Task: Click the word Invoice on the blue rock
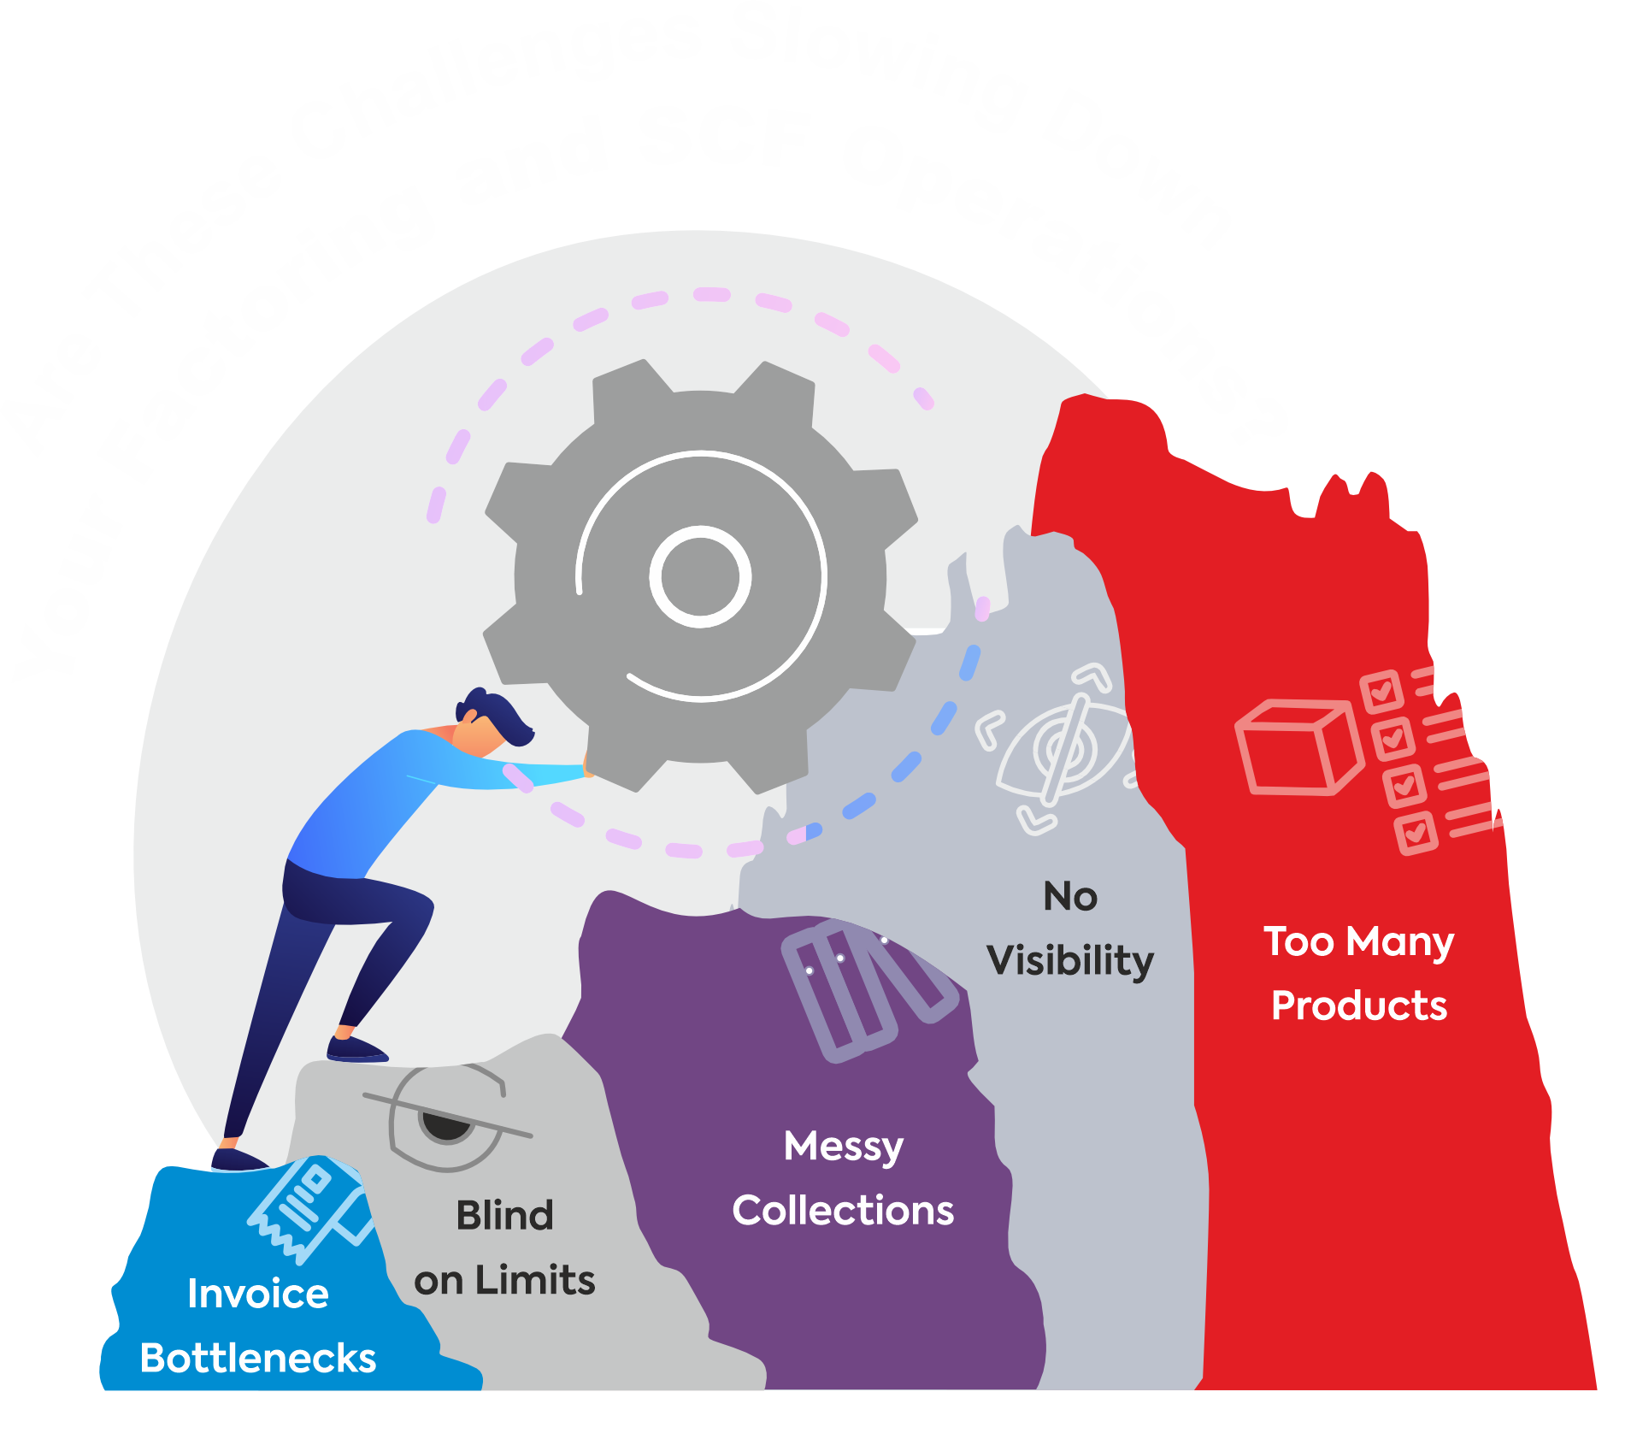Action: click(257, 1294)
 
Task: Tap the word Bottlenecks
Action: click(257, 1358)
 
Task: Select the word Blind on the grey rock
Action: click(504, 1215)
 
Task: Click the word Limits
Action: click(535, 1280)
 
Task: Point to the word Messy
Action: click(843, 1147)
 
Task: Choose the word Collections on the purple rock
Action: click(843, 1210)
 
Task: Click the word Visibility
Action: click(1070, 960)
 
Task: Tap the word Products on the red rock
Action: click(1358, 1006)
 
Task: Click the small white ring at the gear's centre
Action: click(700, 576)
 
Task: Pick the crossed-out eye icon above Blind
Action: click(447, 1117)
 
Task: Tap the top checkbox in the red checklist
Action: click(1381, 692)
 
